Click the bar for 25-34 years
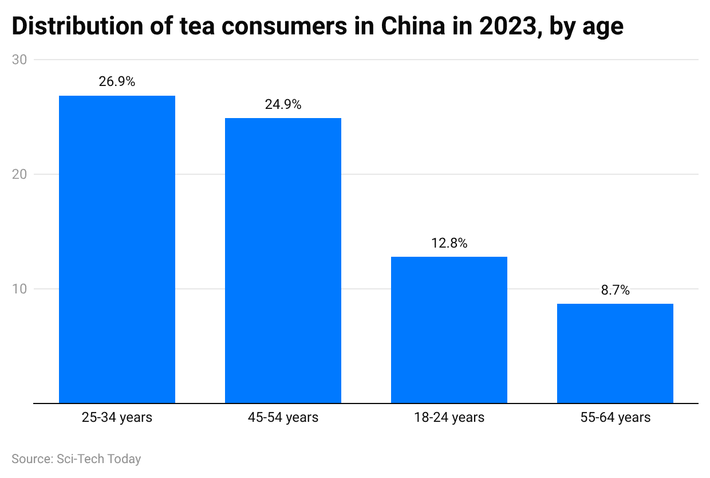coord(117,249)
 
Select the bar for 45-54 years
coord(283,260)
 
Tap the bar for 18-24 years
coord(449,330)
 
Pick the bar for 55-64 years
coord(615,353)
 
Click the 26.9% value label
coord(117,82)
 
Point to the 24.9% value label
coord(283,105)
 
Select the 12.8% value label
coord(449,243)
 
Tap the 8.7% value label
coord(615,290)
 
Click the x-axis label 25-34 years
coord(117,417)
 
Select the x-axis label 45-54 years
coord(283,417)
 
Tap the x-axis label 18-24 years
coord(449,417)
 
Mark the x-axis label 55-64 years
coord(615,417)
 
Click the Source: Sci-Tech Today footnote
coord(76,459)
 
